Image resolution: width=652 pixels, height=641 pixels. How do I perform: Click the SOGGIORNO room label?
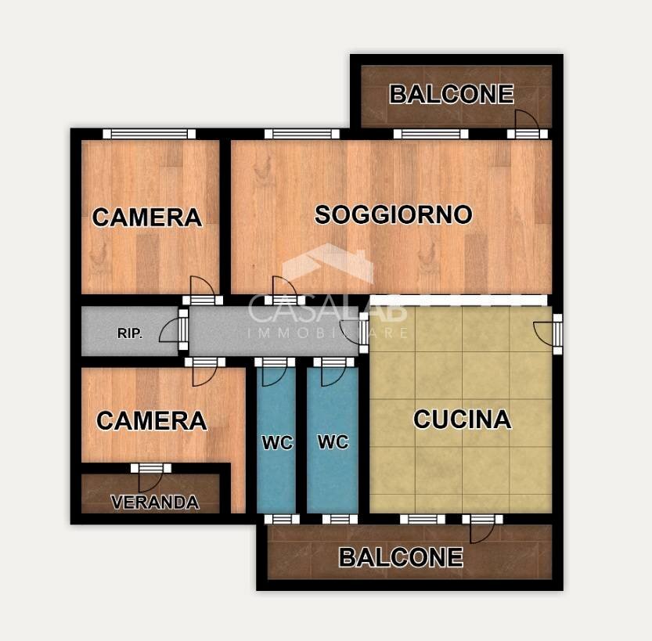click(393, 214)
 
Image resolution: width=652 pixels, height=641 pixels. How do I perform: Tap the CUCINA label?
click(462, 420)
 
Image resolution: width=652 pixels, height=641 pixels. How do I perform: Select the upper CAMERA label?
click(147, 217)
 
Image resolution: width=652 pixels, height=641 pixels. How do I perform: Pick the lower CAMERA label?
click(151, 421)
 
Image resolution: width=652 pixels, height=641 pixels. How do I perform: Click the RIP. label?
click(130, 333)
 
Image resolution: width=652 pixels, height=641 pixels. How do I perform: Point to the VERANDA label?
click(154, 502)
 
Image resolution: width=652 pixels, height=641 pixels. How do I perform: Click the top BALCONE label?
click(451, 95)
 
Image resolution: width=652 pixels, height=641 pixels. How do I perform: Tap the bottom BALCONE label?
click(400, 557)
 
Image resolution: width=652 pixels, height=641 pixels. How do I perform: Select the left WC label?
click(277, 443)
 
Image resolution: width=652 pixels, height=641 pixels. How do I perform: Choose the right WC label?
click(333, 441)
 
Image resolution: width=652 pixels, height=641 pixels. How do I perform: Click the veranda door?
click(150, 477)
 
